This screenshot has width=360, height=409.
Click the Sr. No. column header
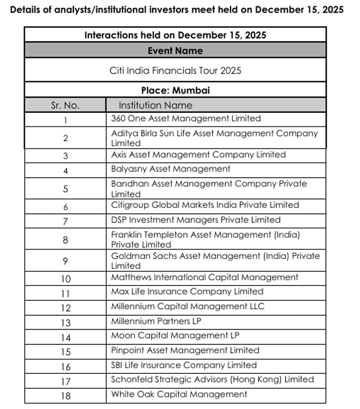pos(65,105)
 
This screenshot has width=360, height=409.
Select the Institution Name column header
pos(155,105)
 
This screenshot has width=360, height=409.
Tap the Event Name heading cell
pos(175,51)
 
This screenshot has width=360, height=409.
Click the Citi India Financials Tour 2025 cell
pos(175,70)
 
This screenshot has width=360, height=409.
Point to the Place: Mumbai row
pos(175,90)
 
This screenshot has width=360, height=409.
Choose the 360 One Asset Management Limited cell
pos(186,119)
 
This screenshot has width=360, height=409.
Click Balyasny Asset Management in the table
pos(171,169)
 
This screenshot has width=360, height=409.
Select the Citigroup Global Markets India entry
pos(205,205)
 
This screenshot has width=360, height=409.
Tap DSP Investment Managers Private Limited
pos(196,219)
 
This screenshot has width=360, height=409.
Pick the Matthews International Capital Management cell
pos(205,277)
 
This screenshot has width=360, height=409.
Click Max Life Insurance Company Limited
pos(187,291)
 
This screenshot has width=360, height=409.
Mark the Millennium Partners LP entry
pos(156,321)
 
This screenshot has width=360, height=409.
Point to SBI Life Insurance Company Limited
pos(184,364)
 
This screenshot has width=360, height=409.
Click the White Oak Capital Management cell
pos(179,394)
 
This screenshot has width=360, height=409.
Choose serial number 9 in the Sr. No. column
pos(65,260)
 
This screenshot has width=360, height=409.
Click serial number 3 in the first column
pos(65,155)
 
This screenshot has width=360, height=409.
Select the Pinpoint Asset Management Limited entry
pos(185,350)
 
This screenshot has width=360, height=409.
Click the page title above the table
pos(176,10)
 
